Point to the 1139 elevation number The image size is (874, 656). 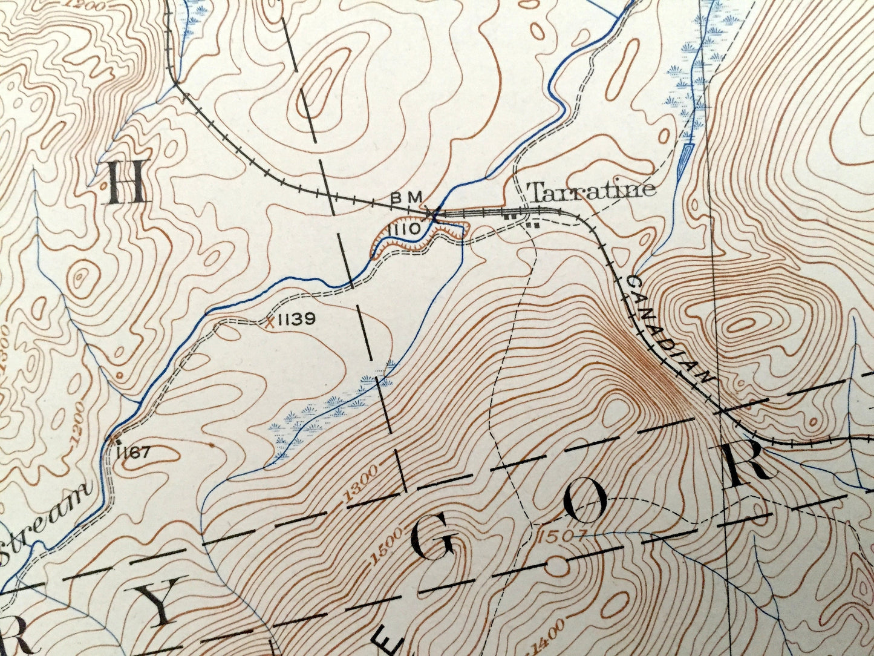click(298, 319)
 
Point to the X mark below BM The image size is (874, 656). click(431, 213)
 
